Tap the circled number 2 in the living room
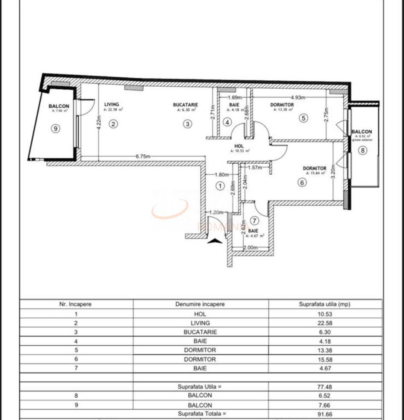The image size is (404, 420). click(x=113, y=124)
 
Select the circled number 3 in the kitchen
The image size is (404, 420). click(x=188, y=124)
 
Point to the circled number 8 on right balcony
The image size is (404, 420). click(x=363, y=150)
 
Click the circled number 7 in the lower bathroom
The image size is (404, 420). click(x=255, y=221)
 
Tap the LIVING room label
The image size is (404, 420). click(x=112, y=104)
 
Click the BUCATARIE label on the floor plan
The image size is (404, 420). click(x=185, y=104)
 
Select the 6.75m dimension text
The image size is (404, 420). click(x=144, y=156)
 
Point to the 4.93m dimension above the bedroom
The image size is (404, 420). click(x=298, y=97)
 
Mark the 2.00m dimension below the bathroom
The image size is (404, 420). click(x=250, y=248)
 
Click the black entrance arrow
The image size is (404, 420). click(x=215, y=241)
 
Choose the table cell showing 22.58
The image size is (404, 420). click(x=325, y=323)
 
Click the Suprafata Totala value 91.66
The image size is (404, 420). click(x=325, y=413)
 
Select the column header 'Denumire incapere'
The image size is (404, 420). click(x=200, y=304)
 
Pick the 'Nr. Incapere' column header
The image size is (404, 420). click(x=75, y=304)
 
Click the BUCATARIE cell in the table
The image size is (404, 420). click(x=200, y=332)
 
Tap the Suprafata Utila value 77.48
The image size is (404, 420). click(x=325, y=386)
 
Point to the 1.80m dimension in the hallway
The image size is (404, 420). click(x=221, y=174)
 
